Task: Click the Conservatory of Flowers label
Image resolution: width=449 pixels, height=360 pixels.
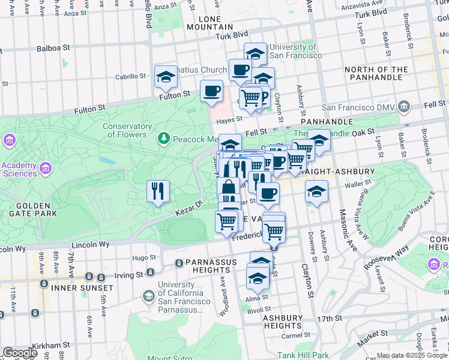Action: (x=127, y=130)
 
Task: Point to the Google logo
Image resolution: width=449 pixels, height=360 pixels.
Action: (x=20, y=352)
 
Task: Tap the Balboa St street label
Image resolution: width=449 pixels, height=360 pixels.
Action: (x=53, y=47)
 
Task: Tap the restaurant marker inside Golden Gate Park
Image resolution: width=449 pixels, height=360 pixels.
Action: (x=158, y=191)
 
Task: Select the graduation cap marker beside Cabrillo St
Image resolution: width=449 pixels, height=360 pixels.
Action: (x=166, y=77)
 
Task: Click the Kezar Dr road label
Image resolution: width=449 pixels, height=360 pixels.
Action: (x=186, y=211)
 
